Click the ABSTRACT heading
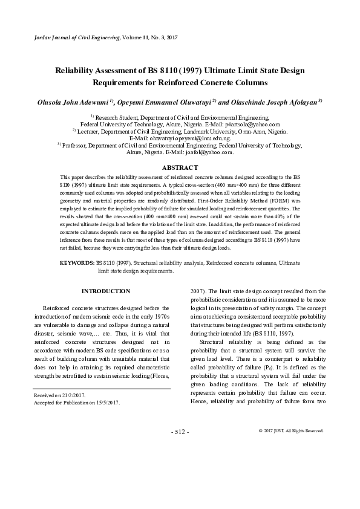180,167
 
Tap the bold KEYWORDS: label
77,264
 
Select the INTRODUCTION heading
106,291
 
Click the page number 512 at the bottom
180,432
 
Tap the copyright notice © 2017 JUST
290,430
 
